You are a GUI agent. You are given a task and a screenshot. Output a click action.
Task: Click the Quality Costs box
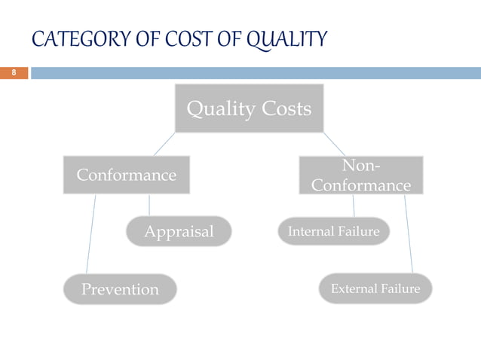(249, 109)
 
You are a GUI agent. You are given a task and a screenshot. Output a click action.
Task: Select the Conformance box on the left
(126, 175)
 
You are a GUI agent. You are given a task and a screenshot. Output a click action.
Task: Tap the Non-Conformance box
(361, 175)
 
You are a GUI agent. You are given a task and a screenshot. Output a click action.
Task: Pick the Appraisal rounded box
(179, 231)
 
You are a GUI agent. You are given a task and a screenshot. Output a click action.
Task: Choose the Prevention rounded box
(120, 289)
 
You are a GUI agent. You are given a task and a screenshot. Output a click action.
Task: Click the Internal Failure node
(333, 231)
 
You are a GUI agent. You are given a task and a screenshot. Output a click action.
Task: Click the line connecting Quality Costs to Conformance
(165, 145)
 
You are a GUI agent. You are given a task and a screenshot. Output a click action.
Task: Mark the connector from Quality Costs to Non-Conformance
(334, 145)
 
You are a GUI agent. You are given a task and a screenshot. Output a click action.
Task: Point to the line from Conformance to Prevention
(91, 233)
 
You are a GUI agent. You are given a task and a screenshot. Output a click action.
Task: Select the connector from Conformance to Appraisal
(149, 205)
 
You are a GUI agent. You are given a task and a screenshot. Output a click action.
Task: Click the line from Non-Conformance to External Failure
(408, 233)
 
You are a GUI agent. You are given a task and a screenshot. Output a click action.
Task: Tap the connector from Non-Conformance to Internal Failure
(354, 206)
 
